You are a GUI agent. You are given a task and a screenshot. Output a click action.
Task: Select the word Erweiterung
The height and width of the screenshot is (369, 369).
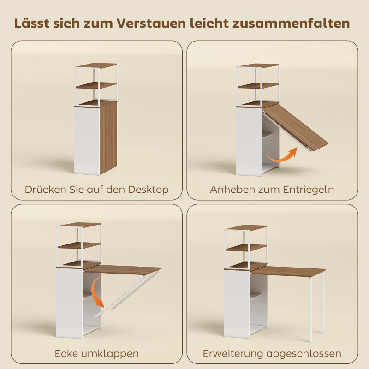point(232,354)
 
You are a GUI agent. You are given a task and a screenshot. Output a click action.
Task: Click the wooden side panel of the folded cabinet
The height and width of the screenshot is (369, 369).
point(108,138)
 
